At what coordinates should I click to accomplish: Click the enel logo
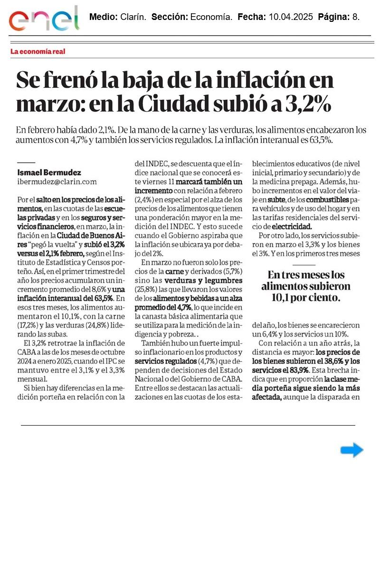44,19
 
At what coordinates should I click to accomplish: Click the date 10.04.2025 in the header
290,17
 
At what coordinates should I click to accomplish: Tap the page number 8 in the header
355,17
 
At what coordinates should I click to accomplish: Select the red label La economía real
38,51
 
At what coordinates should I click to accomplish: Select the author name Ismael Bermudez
48,172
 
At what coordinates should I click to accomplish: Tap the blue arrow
352,450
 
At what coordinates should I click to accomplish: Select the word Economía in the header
211,17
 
